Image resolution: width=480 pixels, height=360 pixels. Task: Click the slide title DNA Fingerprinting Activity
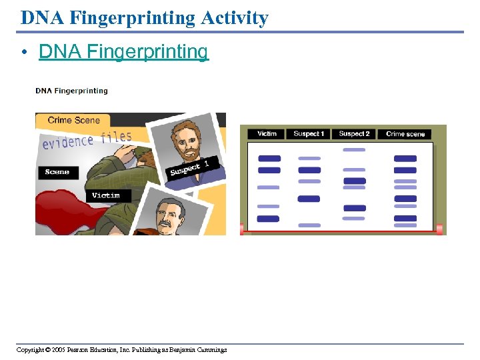(x=144, y=17)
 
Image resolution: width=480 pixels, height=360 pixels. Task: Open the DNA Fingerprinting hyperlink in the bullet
(x=123, y=51)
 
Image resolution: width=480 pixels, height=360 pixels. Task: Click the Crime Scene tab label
(x=73, y=121)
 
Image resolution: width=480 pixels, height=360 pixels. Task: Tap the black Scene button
(x=57, y=172)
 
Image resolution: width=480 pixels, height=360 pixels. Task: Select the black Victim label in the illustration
(x=106, y=195)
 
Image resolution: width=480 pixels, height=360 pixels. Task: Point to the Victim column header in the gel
(x=267, y=134)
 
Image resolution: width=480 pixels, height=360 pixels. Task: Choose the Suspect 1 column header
(x=309, y=134)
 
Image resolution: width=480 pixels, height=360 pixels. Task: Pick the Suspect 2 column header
(x=354, y=134)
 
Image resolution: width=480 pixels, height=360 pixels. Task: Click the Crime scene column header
(x=405, y=134)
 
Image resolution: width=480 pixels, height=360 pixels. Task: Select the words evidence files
(x=87, y=140)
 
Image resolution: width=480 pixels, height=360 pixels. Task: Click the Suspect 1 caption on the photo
(x=190, y=168)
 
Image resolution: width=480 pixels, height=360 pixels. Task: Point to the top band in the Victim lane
(x=269, y=159)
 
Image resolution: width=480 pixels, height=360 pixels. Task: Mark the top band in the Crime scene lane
(x=405, y=159)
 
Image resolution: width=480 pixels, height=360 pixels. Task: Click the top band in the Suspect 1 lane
(x=309, y=159)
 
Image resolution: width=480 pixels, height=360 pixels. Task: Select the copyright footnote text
(x=122, y=349)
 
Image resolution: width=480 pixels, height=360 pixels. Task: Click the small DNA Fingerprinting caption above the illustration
(x=71, y=91)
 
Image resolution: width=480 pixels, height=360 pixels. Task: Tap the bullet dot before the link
(x=24, y=53)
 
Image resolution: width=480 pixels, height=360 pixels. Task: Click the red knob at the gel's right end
(x=439, y=229)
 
